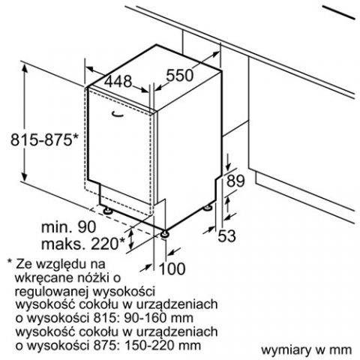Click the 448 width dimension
point(118,81)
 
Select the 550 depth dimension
point(180,75)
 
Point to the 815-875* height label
point(45,139)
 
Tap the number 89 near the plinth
point(235,181)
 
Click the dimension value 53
point(226,235)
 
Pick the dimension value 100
point(172,268)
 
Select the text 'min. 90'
point(68,226)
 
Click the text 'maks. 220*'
point(83,244)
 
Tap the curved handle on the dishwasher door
point(118,114)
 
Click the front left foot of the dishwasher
point(108,211)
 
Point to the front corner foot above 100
point(165,234)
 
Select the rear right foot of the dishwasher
point(208,207)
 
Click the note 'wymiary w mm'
point(306,350)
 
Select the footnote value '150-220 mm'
point(163,345)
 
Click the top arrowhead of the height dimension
point(25,67)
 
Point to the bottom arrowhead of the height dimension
point(24,177)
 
